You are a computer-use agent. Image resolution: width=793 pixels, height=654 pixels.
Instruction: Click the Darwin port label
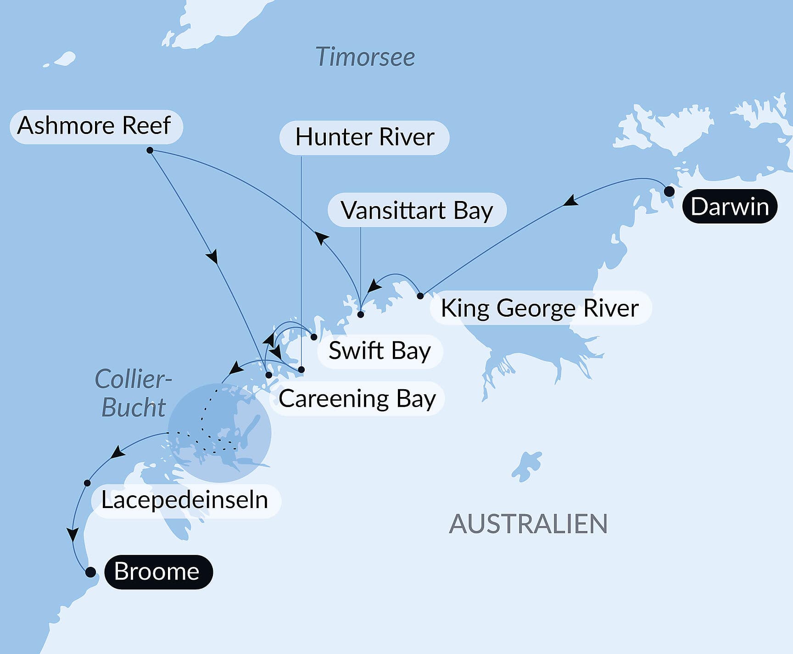(x=730, y=207)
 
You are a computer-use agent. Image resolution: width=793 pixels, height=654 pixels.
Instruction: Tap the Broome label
(x=157, y=572)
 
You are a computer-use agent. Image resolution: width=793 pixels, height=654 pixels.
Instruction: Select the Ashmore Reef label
(x=95, y=126)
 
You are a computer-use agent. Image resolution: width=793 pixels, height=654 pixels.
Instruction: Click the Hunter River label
(x=364, y=137)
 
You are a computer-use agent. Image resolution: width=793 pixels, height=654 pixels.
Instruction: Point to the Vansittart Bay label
(x=417, y=210)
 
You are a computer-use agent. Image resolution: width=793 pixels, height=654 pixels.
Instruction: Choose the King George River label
(x=540, y=308)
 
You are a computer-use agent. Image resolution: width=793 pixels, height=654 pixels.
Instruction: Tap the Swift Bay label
(x=380, y=351)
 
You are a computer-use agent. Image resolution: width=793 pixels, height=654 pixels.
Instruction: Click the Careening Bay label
(x=357, y=398)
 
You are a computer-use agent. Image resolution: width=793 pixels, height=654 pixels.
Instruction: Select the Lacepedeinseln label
(x=185, y=500)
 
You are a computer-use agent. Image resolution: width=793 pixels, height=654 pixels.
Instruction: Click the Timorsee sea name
(x=365, y=57)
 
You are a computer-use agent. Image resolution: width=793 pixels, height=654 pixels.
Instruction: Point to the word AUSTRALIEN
(x=528, y=524)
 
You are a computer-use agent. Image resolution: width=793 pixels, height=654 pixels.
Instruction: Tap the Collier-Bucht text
(x=133, y=393)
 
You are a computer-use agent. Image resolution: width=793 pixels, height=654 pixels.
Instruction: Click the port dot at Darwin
(x=669, y=191)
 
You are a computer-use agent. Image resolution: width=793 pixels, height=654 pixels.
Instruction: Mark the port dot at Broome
(x=90, y=572)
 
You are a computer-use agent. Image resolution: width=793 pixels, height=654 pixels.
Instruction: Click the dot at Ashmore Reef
(x=150, y=150)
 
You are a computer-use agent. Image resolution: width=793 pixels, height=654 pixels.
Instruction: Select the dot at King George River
(x=420, y=296)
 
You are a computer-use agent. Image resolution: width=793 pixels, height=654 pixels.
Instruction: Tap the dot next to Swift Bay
(x=314, y=337)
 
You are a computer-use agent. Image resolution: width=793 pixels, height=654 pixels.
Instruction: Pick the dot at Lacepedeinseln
(x=87, y=483)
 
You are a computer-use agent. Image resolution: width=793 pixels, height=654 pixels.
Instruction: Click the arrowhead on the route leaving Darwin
(x=570, y=201)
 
